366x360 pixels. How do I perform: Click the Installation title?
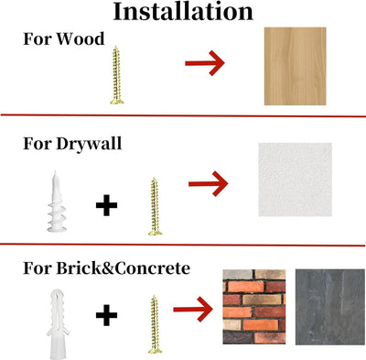click(x=183, y=12)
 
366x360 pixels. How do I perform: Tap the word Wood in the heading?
click(x=81, y=38)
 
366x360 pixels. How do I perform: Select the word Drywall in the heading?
click(x=89, y=144)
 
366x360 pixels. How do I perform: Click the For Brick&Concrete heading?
click(x=107, y=268)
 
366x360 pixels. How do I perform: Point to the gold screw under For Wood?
click(x=116, y=75)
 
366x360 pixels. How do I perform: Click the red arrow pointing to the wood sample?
click(x=205, y=63)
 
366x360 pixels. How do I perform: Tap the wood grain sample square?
click(x=295, y=66)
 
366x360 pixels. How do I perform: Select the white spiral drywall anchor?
click(x=57, y=202)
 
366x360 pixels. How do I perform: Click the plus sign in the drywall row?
click(x=106, y=204)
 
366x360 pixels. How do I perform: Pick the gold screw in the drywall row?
click(x=155, y=207)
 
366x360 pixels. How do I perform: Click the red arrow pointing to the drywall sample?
click(x=208, y=184)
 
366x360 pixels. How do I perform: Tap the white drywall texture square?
click(x=296, y=180)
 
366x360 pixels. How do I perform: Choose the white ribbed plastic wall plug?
click(x=58, y=323)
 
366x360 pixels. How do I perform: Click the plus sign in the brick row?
click(x=106, y=315)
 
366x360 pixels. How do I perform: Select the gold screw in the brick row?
click(x=155, y=324)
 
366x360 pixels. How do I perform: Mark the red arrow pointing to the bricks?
click(x=193, y=309)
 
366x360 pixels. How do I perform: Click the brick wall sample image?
click(x=254, y=307)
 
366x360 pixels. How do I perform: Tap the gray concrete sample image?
click(x=330, y=307)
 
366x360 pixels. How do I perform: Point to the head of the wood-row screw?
click(x=117, y=101)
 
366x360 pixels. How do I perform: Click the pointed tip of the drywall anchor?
click(x=55, y=172)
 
